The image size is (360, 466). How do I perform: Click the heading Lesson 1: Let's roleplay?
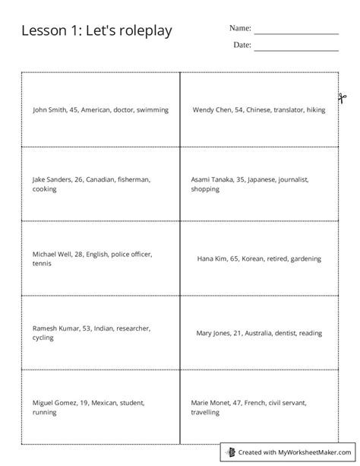(x=96, y=31)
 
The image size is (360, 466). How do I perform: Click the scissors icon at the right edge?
(x=342, y=98)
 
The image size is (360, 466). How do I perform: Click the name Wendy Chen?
(x=210, y=109)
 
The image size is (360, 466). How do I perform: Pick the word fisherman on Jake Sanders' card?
(x=134, y=179)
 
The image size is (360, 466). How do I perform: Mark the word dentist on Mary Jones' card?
(x=278, y=333)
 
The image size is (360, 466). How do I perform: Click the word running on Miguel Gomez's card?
(x=44, y=412)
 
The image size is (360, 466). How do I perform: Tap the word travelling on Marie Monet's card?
(x=205, y=412)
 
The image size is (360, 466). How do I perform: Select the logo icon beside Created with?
(x=232, y=452)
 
